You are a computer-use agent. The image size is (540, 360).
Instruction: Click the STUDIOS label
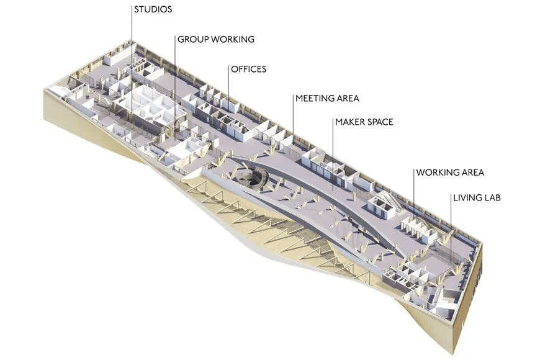point(153,9)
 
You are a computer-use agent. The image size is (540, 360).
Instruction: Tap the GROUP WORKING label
point(216,39)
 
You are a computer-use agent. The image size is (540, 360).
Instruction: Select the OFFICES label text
point(249,70)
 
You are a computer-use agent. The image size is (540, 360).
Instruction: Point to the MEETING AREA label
point(327,99)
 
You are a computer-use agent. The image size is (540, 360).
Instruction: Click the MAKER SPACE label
point(364,122)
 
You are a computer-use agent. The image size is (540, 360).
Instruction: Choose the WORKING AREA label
point(450,173)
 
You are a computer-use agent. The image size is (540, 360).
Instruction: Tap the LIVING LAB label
point(477,198)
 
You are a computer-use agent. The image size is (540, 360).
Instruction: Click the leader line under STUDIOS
point(132,65)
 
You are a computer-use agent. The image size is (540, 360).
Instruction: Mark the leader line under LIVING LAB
point(451,227)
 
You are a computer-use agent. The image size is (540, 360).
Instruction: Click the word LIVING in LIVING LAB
point(467,198)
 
